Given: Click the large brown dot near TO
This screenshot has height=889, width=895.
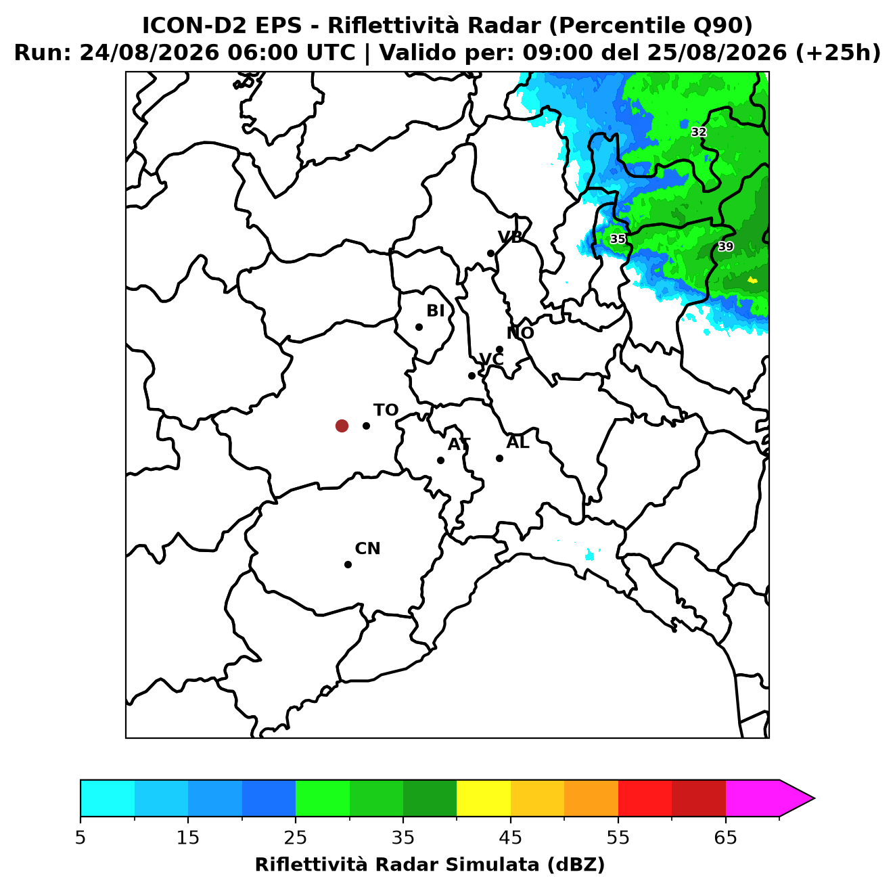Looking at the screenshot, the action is point(342,425).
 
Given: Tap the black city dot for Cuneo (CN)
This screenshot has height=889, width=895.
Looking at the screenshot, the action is point(348,564).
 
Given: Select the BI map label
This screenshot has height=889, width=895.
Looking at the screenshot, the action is point(435,311).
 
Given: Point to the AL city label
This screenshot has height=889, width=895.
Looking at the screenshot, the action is point(518,442).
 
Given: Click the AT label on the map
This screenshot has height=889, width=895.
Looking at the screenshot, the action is point(459,444).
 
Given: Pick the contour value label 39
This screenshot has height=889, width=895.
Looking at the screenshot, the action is point(725,246).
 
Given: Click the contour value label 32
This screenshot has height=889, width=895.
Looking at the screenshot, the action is point(698,132).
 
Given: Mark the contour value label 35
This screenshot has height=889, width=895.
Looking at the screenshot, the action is point(617,239).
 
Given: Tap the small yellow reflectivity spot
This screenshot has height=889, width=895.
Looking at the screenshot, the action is point(752,280).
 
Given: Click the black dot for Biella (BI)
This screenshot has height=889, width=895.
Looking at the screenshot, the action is point(419,327).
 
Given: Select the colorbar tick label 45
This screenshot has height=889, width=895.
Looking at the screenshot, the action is point(510,838).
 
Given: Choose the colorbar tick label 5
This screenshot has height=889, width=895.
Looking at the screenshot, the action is point(81,838).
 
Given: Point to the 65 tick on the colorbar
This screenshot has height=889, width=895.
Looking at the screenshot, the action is point(725,838).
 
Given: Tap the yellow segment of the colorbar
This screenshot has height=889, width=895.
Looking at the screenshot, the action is point(483,798).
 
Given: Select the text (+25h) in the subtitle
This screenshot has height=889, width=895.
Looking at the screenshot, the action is point(837,53).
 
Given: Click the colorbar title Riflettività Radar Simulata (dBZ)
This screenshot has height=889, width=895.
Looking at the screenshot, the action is point(430,865).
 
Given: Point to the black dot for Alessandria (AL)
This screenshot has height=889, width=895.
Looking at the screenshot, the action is point(499,458).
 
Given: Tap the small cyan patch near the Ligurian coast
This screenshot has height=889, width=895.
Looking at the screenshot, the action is point(589,554).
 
